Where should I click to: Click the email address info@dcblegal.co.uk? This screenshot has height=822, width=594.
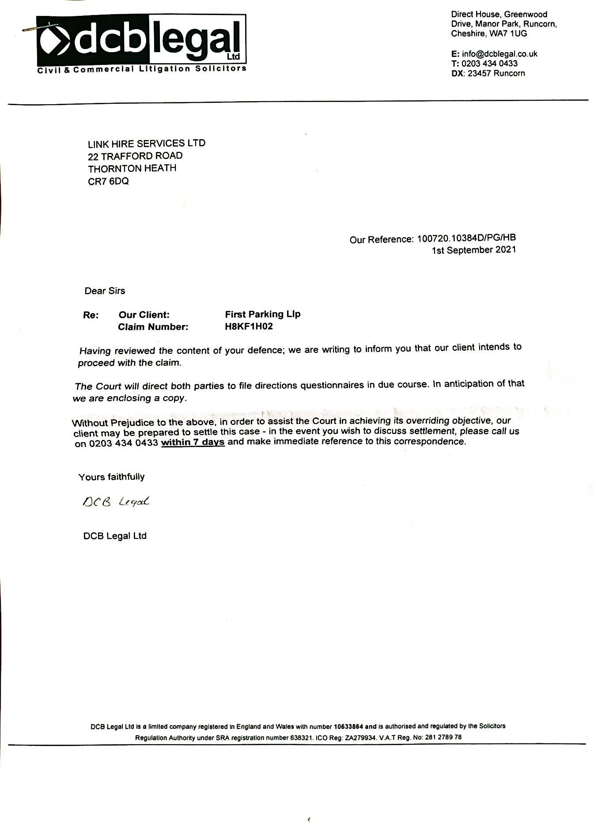(499, 54)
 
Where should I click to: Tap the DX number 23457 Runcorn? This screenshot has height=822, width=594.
(496, 73)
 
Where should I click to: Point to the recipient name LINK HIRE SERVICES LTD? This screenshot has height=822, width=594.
(147, 144)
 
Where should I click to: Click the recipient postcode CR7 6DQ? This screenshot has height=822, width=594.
(108, 181)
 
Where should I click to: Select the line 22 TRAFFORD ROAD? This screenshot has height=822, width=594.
(135, 156)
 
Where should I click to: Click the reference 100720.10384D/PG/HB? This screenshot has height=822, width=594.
(466, 239)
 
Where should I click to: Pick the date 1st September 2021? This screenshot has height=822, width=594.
(474, 250)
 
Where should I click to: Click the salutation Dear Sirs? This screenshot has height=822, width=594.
(105, 291)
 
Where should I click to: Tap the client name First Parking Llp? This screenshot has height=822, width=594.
(263, 314)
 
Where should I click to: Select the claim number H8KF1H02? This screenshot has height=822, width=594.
(249, 326)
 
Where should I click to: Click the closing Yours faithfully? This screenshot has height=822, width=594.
(111, 477)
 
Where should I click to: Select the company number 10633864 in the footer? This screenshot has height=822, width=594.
(348, 726)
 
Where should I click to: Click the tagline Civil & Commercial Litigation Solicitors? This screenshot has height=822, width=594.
(142, 69)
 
